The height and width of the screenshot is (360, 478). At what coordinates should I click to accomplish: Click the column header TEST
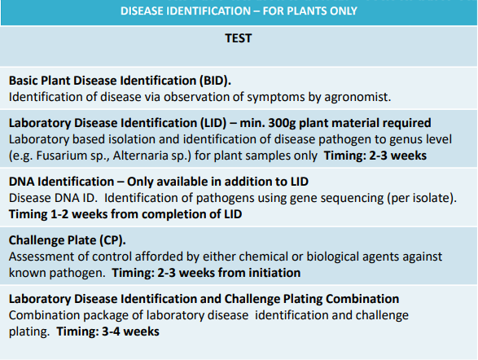pos(239,38)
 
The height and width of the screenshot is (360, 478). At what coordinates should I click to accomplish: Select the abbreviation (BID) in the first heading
pos(215,81)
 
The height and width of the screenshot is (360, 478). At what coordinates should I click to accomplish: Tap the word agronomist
pos(357,97)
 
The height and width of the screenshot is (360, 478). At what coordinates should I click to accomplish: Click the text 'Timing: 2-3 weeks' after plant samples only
pos(375,156)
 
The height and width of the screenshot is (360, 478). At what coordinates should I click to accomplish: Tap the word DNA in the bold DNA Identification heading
pos(21,182)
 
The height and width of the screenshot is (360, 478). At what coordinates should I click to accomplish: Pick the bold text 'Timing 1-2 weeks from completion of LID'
pos(125,214)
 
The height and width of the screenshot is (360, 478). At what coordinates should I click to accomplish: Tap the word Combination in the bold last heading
pos(362,299)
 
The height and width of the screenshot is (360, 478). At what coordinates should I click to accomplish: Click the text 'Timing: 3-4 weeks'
pos(108,331)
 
